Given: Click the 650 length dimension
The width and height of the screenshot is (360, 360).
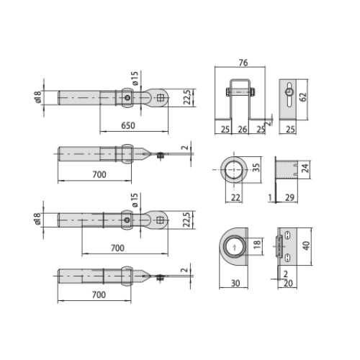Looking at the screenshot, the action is point(128,125).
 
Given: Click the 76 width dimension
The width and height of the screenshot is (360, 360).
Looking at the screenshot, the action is point(243,63).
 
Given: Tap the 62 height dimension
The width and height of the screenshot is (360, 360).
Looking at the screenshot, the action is point(303,96).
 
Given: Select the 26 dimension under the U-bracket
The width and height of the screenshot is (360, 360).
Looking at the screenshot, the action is point(243,130).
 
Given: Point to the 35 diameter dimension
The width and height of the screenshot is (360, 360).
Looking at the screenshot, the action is point(256,167).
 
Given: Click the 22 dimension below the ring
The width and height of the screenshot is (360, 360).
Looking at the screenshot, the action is point(235,197).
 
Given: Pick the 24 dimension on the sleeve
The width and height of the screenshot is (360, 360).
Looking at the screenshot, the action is point(305,168).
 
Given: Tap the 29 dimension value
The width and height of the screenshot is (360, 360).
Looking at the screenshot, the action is point(289,197).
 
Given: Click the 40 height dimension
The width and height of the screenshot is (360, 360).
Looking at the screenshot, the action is point(306,246).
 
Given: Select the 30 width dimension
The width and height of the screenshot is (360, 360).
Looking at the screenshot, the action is point(235,284).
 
